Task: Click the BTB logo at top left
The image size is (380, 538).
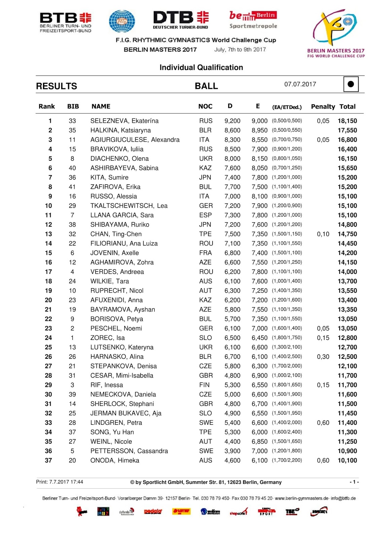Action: (65, 22)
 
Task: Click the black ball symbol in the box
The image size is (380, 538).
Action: (351, 84)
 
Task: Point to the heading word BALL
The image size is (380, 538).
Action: (206, 86)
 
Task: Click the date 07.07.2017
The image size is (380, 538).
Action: (300, 84)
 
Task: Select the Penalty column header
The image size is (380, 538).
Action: (323, 107)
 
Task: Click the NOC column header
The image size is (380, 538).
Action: (205, 107)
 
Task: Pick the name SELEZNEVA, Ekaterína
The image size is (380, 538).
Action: (124, 121)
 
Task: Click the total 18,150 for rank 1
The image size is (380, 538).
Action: (347, 121)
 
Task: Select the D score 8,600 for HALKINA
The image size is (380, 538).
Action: (232, 130)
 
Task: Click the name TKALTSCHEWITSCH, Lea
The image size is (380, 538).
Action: (129, 206)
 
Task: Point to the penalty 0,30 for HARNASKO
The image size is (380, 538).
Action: (323, 357)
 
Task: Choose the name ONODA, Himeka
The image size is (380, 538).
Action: (115, 461)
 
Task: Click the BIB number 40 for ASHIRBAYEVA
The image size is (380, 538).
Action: (72, 168)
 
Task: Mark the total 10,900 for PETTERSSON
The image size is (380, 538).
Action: (347, 451)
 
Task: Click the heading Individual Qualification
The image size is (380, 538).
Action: (201, 68)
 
